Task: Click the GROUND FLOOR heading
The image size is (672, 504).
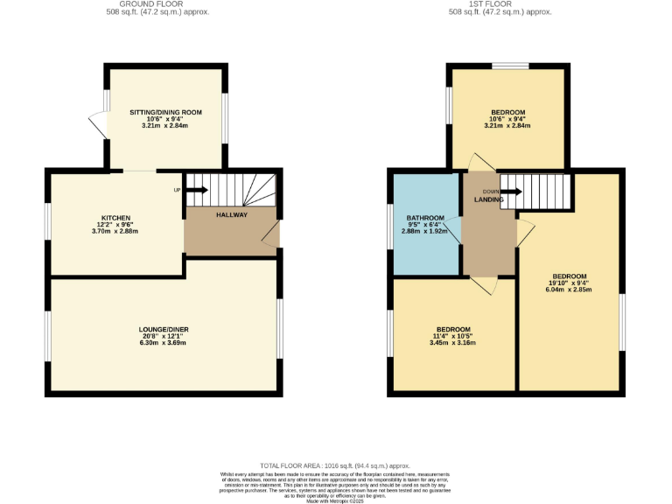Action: [164, 3]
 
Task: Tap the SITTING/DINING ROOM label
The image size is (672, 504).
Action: [165, 112]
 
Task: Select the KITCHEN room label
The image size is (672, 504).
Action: [115, 218]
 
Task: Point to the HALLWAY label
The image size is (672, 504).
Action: [232, 214]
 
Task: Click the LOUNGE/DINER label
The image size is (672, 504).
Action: [164, 329]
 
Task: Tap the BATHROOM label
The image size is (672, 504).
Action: [425, 217]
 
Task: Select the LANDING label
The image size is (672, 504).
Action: [488, 200]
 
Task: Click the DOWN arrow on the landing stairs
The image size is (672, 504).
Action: [510, 191]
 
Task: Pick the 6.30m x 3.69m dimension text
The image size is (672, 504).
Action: [164, 343]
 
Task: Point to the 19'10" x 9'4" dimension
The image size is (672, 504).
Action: [569, 283]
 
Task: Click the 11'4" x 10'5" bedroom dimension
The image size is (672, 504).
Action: [452, 336]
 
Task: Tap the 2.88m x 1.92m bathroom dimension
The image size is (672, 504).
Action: [425, 231]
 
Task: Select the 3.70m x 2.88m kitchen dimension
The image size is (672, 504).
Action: [115, 231]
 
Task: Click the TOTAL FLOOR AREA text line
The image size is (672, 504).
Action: [336, 466]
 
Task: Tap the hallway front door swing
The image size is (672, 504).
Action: [271, 234]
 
